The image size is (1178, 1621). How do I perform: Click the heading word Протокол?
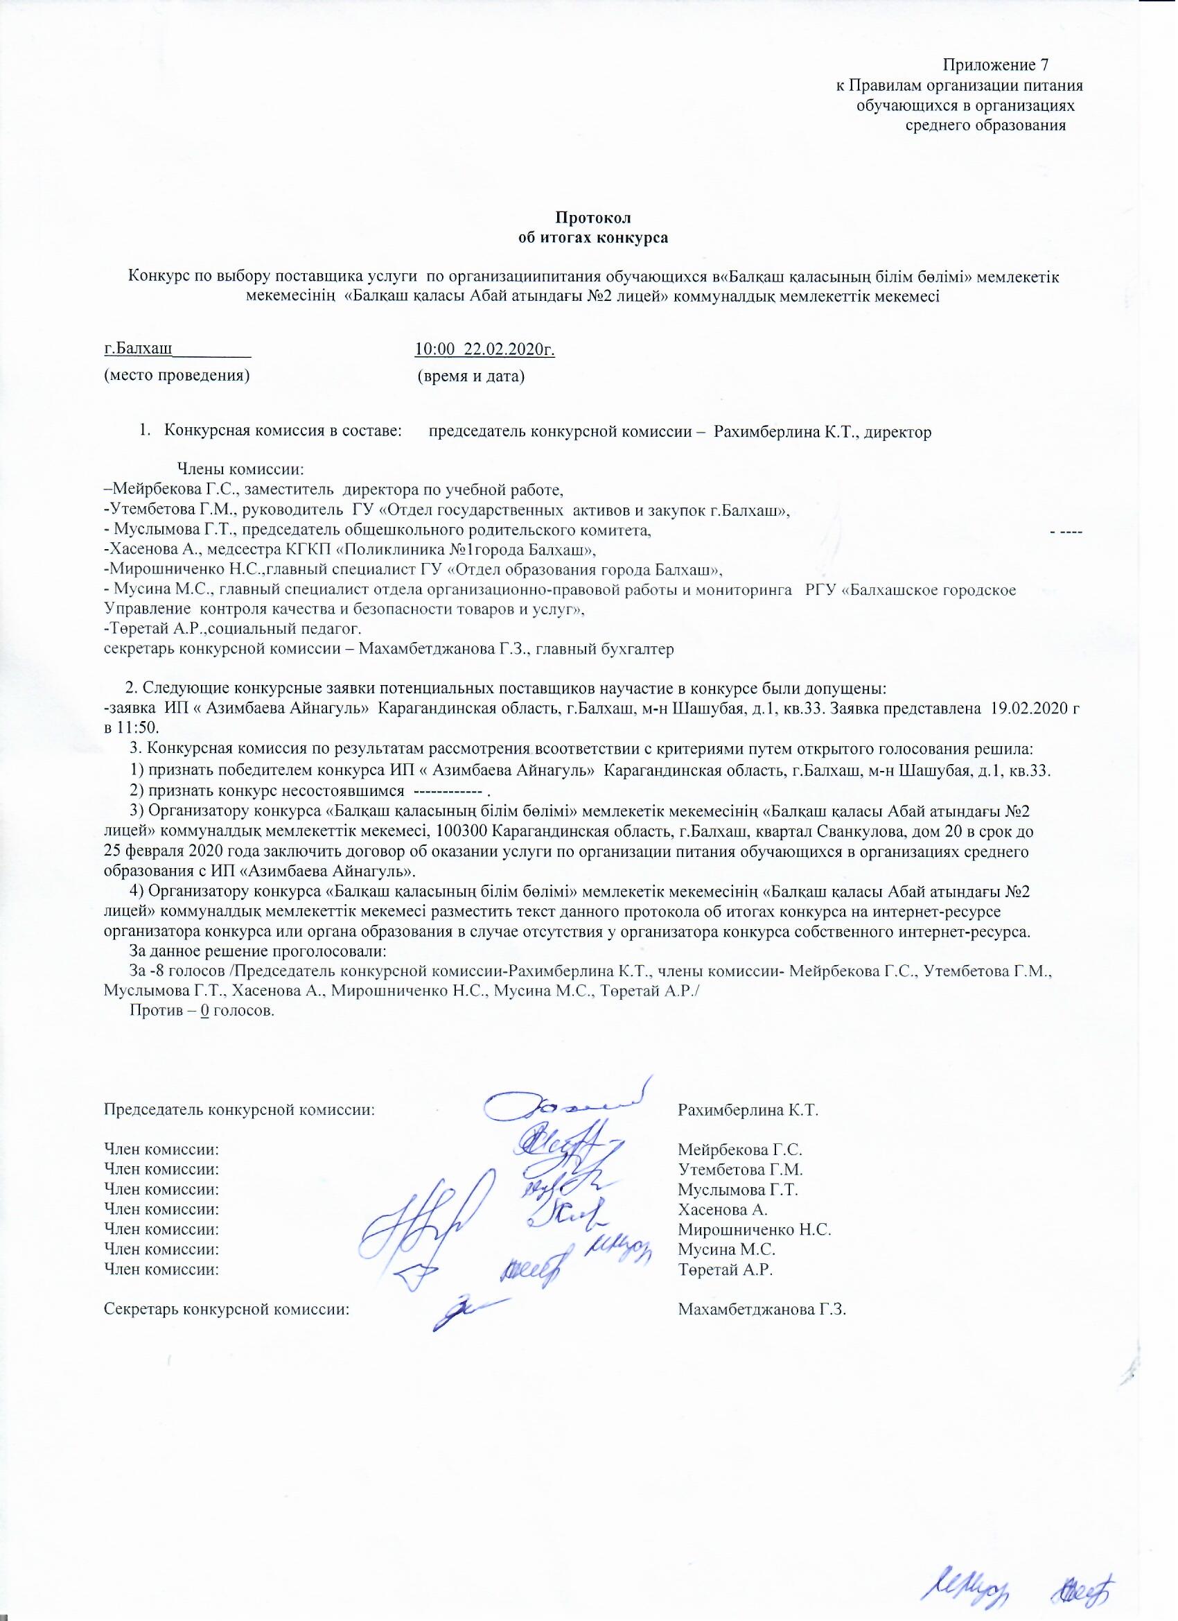[x=592, y=218]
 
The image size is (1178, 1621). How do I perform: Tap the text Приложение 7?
[x=996, y=66]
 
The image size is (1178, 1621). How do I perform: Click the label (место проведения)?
[x=177, y=376]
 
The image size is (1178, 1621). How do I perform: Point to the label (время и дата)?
[x=471, y=376]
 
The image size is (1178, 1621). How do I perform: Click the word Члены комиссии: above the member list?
[x=240, y=469]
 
